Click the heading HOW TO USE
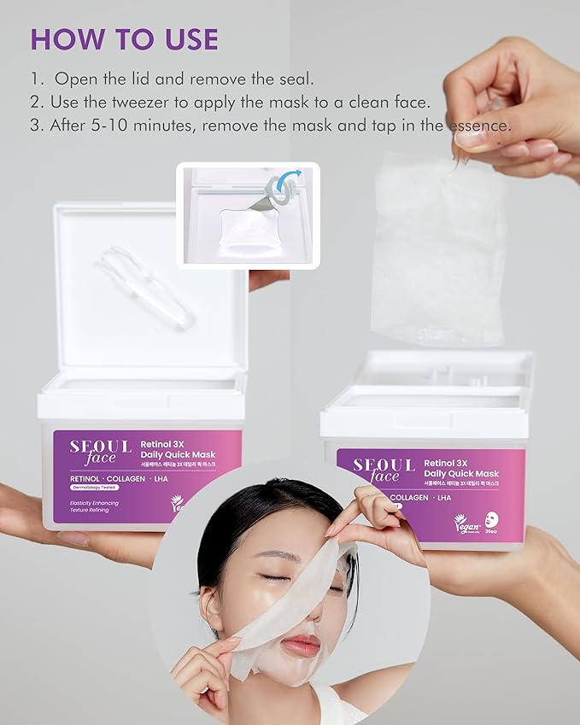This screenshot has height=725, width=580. (x=124, y=39)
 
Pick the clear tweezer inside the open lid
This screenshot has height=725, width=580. (x=145, y=286)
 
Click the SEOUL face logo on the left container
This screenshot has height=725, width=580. (x=100, y=452)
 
